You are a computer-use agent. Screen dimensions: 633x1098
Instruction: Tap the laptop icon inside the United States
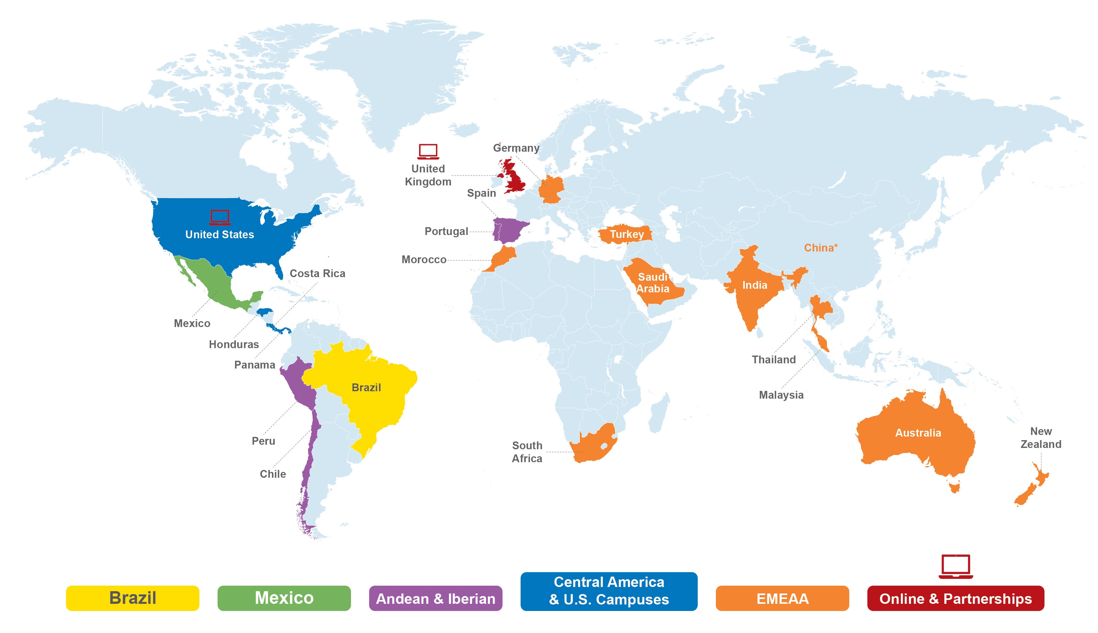tap(219, 217)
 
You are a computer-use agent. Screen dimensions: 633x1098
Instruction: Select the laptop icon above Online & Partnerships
tap(955, 566)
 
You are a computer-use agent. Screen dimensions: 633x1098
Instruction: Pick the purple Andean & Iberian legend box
tap(435, 598)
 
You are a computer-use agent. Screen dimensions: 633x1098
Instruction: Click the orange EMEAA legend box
tap(782, 598)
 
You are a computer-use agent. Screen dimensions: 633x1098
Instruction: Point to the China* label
tap(820, 248)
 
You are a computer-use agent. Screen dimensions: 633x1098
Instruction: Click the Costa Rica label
tap(317, 274)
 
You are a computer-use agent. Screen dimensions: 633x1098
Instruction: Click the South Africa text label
tap(527, 452)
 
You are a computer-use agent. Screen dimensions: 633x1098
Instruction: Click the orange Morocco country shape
tap(505, 256)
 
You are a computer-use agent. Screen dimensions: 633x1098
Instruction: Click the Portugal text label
tap(446, 231)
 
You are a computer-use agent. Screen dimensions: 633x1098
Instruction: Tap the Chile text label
tap(273, 474)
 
